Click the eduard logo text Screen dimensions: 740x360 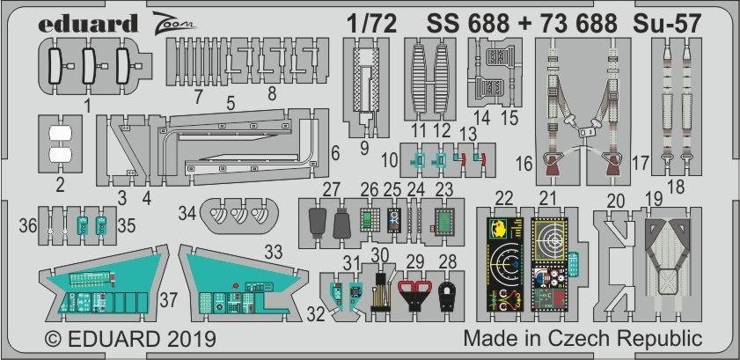88,24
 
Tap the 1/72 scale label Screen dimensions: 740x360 370,24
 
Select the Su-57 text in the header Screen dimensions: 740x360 667,24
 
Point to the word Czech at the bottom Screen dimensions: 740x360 597,338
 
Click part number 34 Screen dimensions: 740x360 187,214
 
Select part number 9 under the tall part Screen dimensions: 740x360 364,149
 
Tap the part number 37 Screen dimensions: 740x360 168,300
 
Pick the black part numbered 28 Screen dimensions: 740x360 446,296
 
